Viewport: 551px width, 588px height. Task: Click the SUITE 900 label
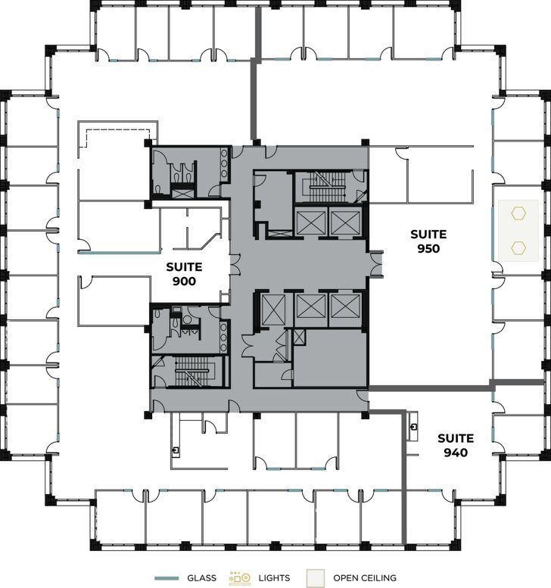184,273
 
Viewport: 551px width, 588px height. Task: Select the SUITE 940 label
456,446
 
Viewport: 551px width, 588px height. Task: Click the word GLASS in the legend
201,578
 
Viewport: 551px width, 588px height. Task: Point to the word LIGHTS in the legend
273,578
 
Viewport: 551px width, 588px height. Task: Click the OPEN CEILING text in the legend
364,578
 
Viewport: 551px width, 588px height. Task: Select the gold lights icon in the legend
240,578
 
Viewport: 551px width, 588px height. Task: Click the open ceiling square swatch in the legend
316,578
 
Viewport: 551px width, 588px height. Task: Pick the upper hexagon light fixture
518,213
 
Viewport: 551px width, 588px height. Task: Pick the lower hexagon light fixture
518,247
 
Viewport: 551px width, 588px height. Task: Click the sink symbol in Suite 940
413,427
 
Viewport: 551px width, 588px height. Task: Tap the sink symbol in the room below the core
176,450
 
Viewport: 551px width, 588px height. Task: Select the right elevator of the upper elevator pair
344,222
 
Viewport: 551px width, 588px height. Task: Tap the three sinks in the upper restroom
224,162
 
